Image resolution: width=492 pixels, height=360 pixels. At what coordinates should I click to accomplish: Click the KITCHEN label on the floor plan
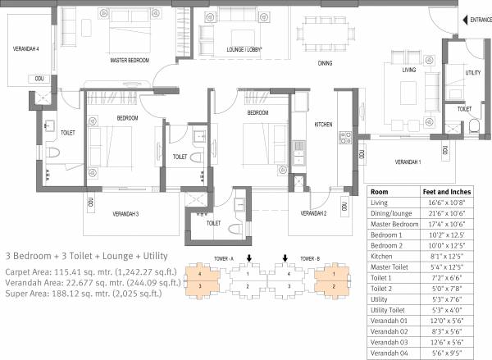pyautogui.click(x=323, y=125)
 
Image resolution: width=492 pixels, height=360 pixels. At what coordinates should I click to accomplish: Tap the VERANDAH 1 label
pyautogui.click(x=408, y=162)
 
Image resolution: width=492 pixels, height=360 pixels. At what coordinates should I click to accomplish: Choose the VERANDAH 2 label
pyautogui.click(x=314, y=213)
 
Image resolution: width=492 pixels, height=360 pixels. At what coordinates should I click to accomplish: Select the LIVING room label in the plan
pyautogui.click(x=408, y=71)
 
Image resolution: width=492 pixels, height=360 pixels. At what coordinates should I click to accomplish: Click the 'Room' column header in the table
pyautogui.click(x=380, y=190)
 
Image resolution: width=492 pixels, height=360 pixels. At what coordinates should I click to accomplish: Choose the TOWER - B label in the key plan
pyautogui.click(x=307, y=257)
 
